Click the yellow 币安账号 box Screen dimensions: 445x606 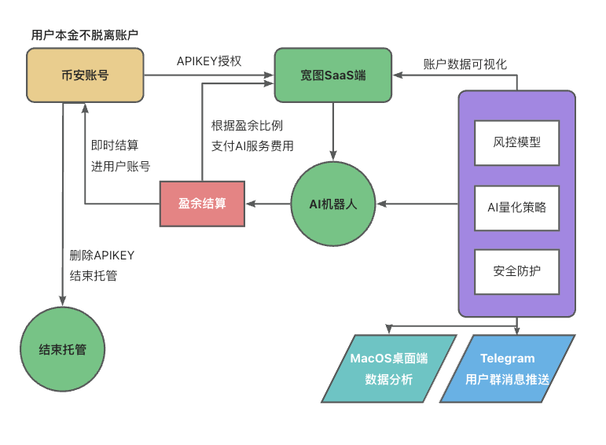coord(85,75)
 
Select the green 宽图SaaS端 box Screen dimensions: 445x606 coord(332,75)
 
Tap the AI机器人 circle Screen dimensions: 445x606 coord(333,204)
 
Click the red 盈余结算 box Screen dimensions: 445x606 coord(202,204)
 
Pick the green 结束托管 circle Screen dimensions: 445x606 coord(62,349)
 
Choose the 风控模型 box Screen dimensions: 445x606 coord(516,144)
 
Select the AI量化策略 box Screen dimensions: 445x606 coord(516,208)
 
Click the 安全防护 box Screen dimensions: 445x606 coord(516,271)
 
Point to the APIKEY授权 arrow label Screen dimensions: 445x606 coord(208,61)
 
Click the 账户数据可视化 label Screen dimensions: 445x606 coord(465,64)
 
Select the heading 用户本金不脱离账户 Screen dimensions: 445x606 coord(85,35)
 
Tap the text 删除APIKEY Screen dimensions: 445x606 coord(102,256)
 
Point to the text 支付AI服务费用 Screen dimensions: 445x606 coord(252,145)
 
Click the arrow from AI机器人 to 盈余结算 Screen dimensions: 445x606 coord(268,204)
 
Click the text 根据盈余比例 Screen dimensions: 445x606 coord(247,125)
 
